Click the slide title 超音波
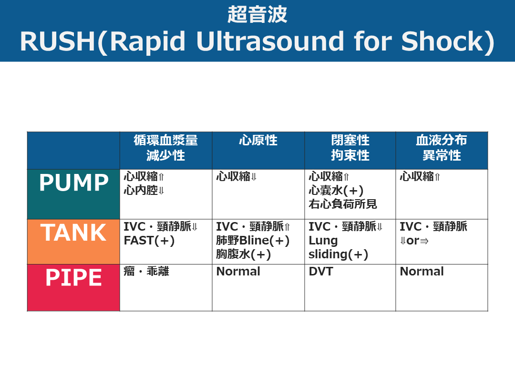pyautogui.click(x=257, y=14)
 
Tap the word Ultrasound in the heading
pyautogui.click(x=270, y=41)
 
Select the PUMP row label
pyautogui.click(x=73, y=183)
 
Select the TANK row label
pyautogui.click(x=73, y=233)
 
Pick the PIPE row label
pyautogui.click(x=73, y=278)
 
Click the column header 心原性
pyautogui.click(x=258, y=140)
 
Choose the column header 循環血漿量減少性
pyautogui.click(x=165, y=148)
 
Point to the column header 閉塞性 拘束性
pyautogui.click(x=350, y=148)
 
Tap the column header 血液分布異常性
pyautogui.click(x=442, y=148)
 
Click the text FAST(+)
pyautogui.click(x=149, y=241)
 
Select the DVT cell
pyautogui.click(x=321, y=272)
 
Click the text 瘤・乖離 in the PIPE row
pyautogui.click(x=146, y=272)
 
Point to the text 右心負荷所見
pyautogui.click(x=342, y=204)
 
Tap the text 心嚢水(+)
pyautogui.click(x=336, y=190)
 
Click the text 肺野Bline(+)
pyautogui.click(x=253, y=241)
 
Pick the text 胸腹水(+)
pyautogui.click(x=243, y=254)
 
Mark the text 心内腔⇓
pyautogui.click(x=144, y=190)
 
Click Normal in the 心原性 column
pyautogui.click(x=238, y=272)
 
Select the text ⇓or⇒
pyautogui.click(x=414, y=241)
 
